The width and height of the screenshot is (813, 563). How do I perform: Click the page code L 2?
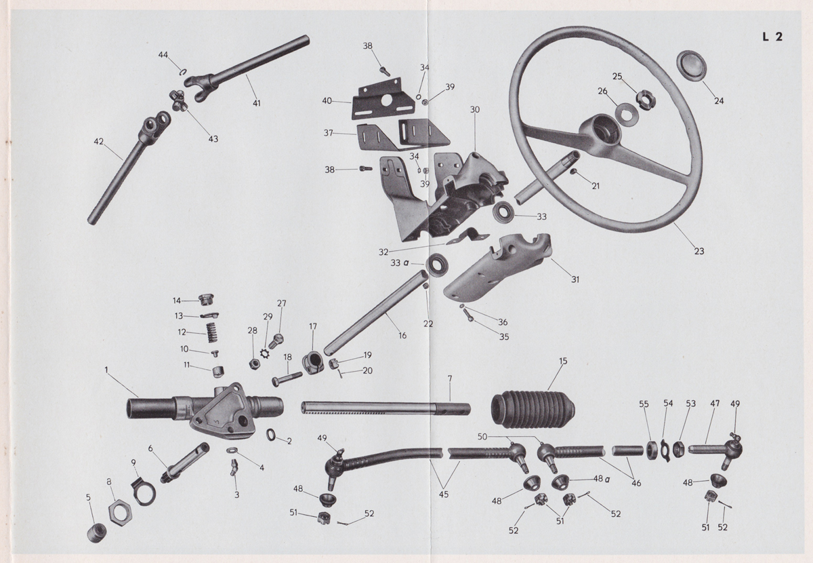click(772, 37)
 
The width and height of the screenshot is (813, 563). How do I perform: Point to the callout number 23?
click(699, 251)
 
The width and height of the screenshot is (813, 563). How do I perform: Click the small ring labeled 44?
click(182, 71)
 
